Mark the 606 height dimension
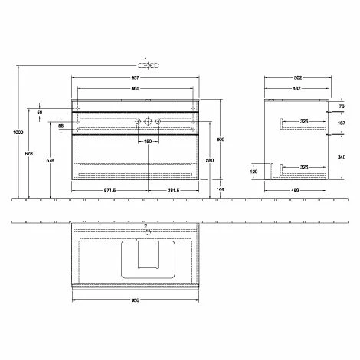tap(219, 140)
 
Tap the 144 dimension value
tap(221, 188)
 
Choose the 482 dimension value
tap(295, 89)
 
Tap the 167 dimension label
tap(341, 123)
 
